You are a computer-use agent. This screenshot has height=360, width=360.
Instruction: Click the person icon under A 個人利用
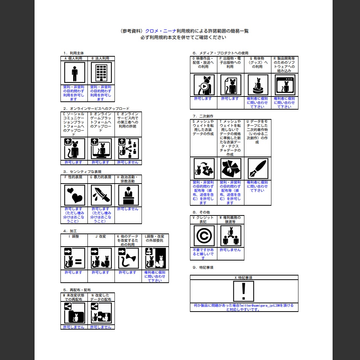point(74,72)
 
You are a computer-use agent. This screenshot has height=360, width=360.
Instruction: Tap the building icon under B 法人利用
point(101,72)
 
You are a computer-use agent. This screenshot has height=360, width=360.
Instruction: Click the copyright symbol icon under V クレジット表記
point(204,236)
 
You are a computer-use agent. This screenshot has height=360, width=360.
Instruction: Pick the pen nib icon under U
point(258,168)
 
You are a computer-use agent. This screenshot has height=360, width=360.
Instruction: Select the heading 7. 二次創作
point(203,116)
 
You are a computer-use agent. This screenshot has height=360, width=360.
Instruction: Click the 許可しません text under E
point(128,163)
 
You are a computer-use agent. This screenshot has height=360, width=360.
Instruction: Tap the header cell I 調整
point(74,236)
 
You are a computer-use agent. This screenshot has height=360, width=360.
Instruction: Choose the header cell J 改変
point(101,236)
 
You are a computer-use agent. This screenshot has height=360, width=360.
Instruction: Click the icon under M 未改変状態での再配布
point(74,313)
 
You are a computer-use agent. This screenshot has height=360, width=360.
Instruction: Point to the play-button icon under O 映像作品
point(204,85)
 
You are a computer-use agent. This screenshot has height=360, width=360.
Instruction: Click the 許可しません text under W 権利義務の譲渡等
point(230,250)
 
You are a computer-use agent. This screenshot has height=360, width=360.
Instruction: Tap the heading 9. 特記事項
point(203,268)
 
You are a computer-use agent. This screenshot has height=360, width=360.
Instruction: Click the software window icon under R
point(285,85)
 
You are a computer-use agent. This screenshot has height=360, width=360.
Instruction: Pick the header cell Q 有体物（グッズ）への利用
point(258,63)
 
